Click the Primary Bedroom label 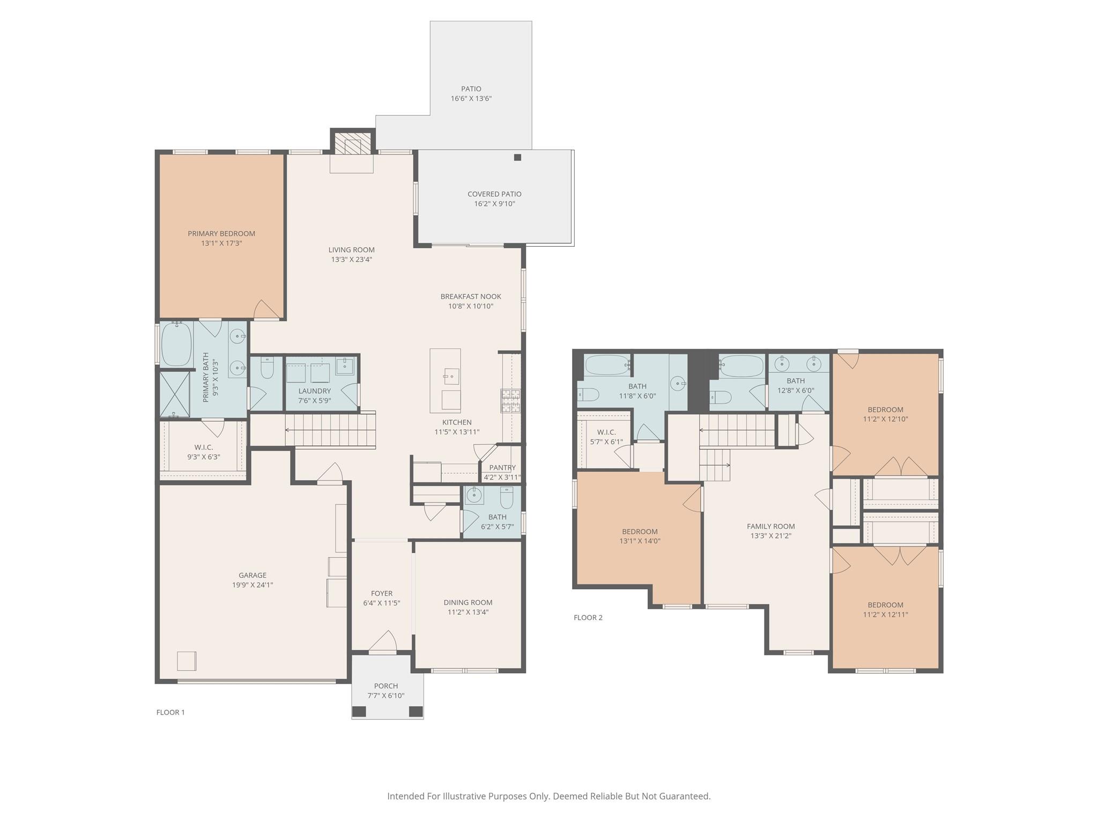pos(221,233)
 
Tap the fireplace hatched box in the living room pos(353,143)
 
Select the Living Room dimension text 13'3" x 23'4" pos(351,260)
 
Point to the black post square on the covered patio pos(517,157)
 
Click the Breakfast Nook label pos(471,296)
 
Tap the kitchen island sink pos(451,376)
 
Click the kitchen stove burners pos(510,401)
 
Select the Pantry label pos(502,467)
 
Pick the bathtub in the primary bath pos(176,344)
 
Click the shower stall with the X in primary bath pos(175,394)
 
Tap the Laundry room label pos(315,391)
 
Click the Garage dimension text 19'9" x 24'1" pos(253,585)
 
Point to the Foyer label pos(382,593)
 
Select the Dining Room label pos(468,602)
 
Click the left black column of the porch pos(359,711)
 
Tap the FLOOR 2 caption pos(588,617)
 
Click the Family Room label pos(771,526)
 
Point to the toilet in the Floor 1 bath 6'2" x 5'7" pos(507,497)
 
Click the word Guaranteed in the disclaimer pos(684,797)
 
